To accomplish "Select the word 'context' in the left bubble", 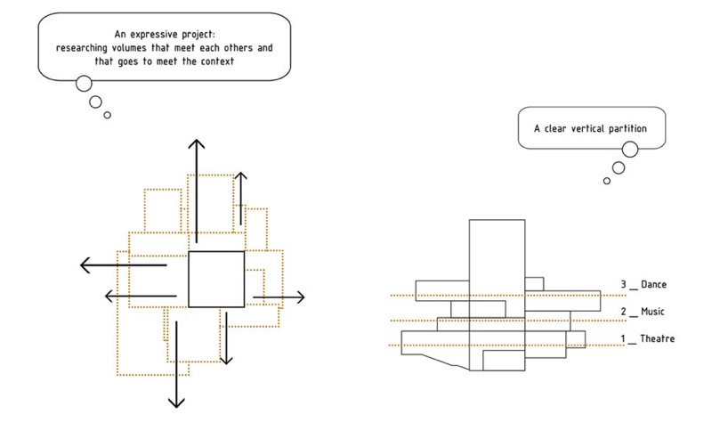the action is click(x=217, y=61).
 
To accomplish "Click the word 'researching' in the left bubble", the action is click(x=82, y=48).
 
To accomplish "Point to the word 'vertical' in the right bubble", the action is click(x=587, y=128).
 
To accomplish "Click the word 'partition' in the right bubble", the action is click(x=627, y=128).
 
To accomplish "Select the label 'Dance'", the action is click(x=654, y=284).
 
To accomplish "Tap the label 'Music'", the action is click(x=652, y=311).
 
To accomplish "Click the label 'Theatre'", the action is click(x=657, y=338).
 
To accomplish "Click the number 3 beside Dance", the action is click(x=624, y=284).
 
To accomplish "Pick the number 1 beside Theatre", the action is click(x=623, y=338).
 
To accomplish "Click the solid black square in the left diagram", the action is click(x=216, y=252).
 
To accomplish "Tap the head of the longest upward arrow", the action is click(x=197, y=143).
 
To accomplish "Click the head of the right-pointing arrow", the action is click(x=301, y=297).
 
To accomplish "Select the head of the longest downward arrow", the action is click(x=176, y=403).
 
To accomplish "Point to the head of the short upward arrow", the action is click(x=240, y=176).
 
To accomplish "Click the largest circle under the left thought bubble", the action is click(x=84, y=77).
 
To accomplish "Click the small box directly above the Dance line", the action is click(x=534, y=278).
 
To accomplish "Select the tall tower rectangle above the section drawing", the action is click(x=497, y=220).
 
